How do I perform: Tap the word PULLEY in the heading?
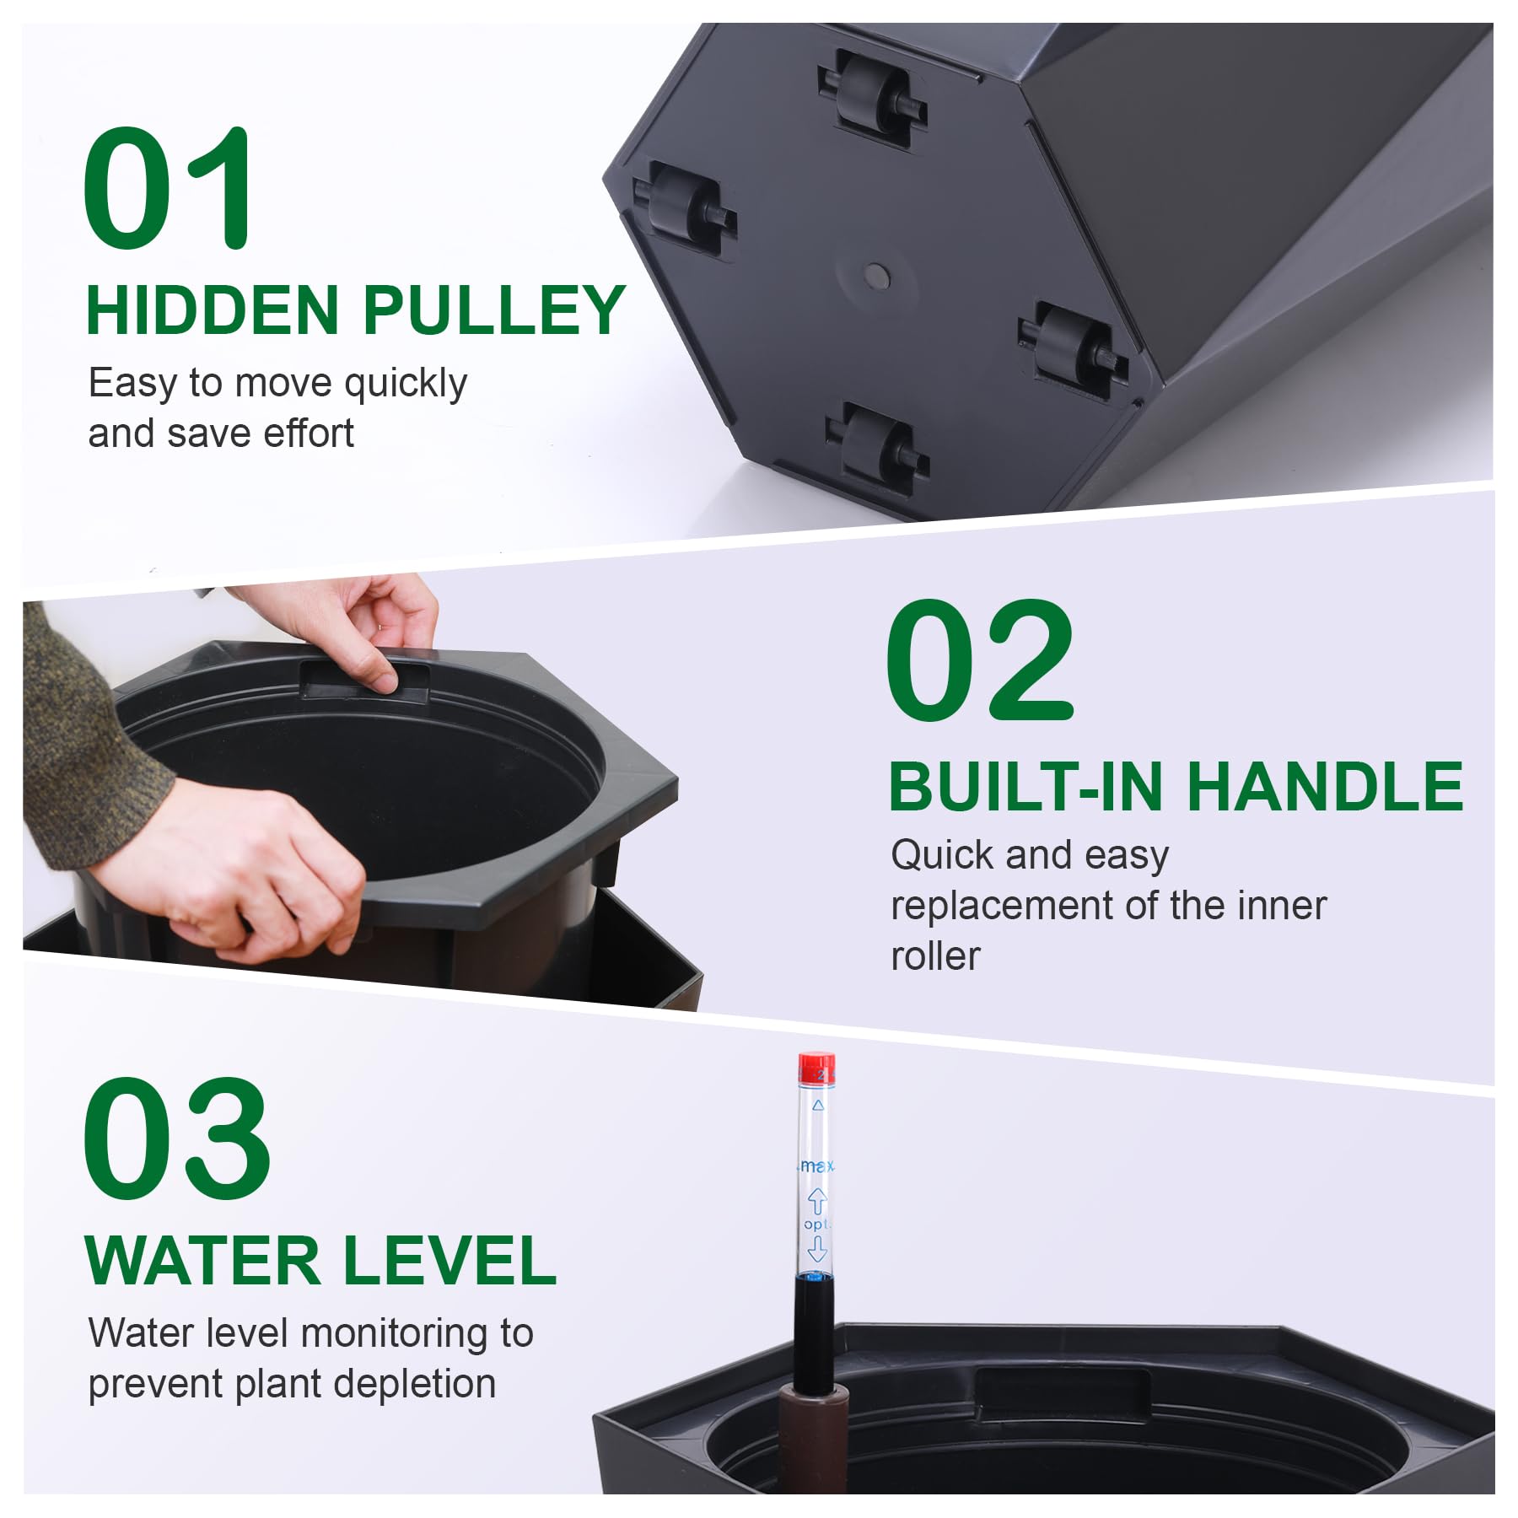click(494, 310)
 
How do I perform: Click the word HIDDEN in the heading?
click(213, 310)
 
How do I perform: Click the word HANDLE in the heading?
click(1325, 787)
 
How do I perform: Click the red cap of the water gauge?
click(816, 1067)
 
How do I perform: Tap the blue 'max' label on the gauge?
click(816, 1165)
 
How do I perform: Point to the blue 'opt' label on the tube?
click(816, 1224)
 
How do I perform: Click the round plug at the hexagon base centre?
click(877, 274)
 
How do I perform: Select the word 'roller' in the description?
click(935, 956)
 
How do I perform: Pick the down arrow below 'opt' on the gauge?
click(816, 1248)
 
